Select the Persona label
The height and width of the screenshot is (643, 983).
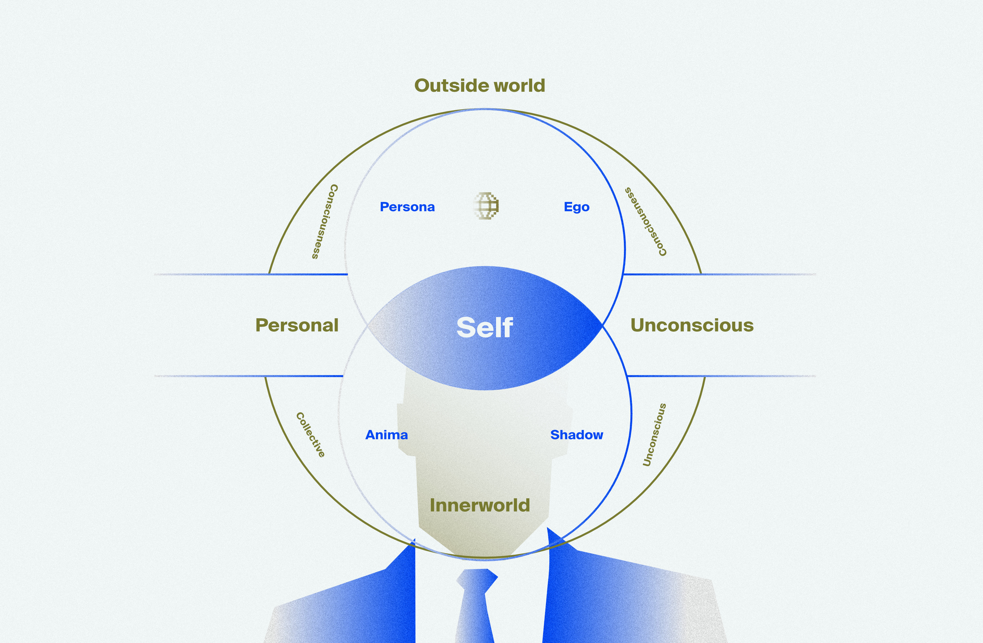pos(407,207)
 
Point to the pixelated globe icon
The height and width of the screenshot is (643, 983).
pos(487,205)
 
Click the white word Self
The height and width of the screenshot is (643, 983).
pos(484,327)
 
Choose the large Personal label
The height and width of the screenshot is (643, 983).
pos(297,325)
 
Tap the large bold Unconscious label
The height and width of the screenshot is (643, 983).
pos(692,325)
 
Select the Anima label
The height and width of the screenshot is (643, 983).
pos(387,435)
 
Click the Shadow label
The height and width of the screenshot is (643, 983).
pos(576,435)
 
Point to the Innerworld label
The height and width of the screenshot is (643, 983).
pos(479,505)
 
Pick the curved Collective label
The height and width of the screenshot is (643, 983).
pos(311,435)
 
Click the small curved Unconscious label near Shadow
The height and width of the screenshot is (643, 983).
pos(654,435)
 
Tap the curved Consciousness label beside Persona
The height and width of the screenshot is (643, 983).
pos(325,222)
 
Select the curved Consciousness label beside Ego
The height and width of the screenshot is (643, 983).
pos(645,222)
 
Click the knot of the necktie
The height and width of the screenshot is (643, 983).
pos(477,578)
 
